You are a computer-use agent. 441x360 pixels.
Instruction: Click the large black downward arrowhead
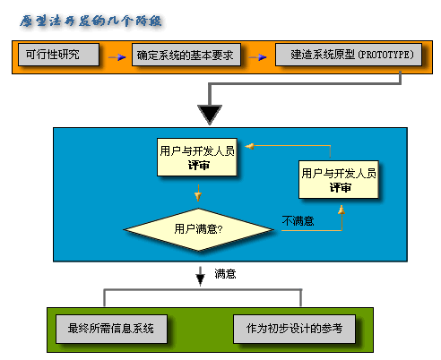point(209,114)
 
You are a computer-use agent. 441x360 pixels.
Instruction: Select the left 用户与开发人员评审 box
point(197,159)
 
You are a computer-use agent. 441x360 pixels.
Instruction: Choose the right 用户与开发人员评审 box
point(339,180)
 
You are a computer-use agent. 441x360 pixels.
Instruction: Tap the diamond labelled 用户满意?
point(198,228)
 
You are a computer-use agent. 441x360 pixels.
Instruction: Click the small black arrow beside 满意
point(201,277)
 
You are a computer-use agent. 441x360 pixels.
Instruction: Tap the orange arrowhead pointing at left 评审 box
point(252,145)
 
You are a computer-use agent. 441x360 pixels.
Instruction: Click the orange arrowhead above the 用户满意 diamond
point(198,194)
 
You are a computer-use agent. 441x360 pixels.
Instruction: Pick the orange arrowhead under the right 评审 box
point(340,210)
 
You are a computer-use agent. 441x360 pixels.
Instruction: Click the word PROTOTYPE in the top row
point(386,56)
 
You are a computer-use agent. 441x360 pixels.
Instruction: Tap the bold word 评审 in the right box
point(340,188)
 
